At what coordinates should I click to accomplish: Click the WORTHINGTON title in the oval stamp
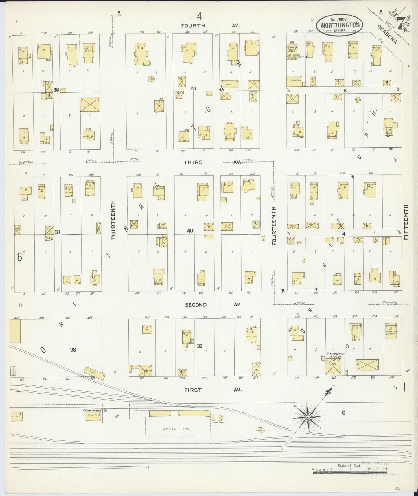tap(340, 25)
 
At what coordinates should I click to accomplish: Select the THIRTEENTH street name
tap(113, 220)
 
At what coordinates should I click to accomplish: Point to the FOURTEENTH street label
tap(274, 226)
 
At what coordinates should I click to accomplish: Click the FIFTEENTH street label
tap(406, 222)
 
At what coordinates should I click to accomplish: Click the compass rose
tap(308, 417)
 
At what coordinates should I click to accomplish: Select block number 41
tap(193, 89)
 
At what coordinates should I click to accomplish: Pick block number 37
tap(58, 232)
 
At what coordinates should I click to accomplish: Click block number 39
tap(200, 346)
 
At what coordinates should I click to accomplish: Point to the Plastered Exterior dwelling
tap(391, 330)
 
